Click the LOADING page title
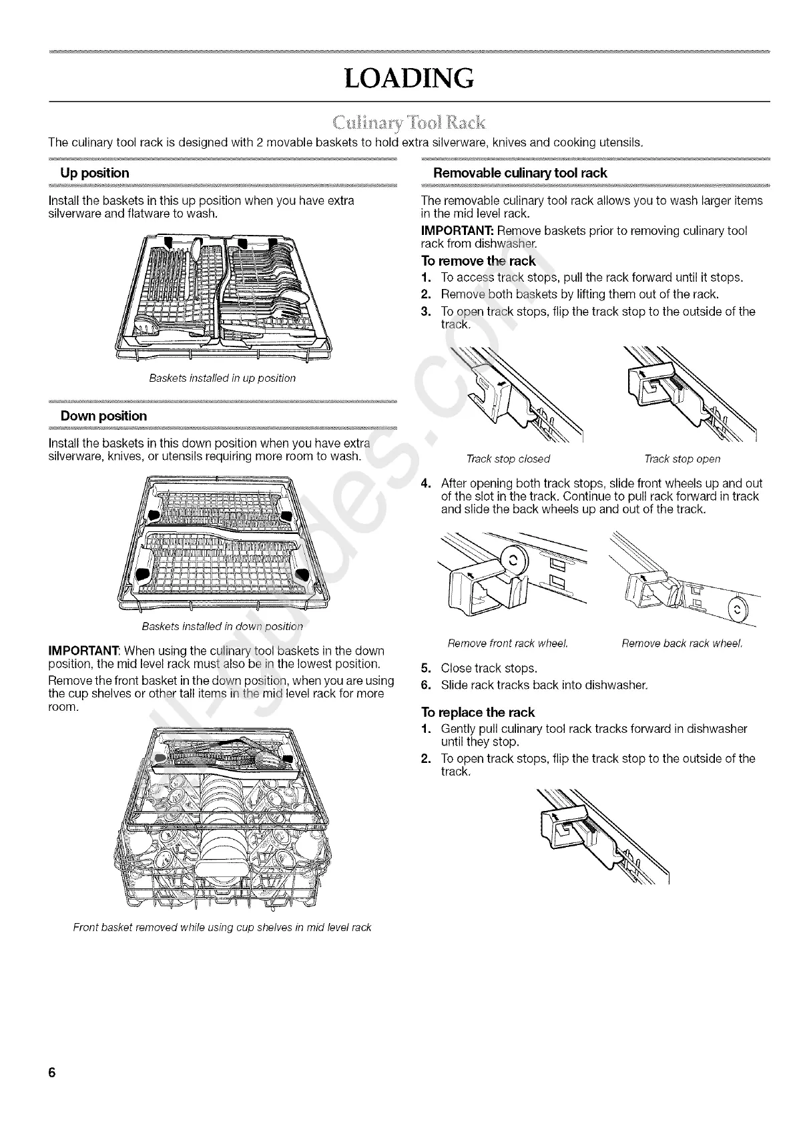[x=409, y=78]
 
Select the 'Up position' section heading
[x=94, y=173]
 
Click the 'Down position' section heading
[x=103, y=416]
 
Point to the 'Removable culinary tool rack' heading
[x=520, y=173]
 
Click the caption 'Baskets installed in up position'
[x=222, y=378]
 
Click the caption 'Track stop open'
[x=682, y=459]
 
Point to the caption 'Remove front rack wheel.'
[x=507, y=644]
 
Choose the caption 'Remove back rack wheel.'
[x=682, y=644]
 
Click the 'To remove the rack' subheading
[x=478, y=261]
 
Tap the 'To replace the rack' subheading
[x=478, y=712]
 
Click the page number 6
[x=51, y=1073]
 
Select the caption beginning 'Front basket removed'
[x=222, y=928]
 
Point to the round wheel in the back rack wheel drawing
[x=738, y=609]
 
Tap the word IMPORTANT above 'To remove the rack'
[x=452, y=231]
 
